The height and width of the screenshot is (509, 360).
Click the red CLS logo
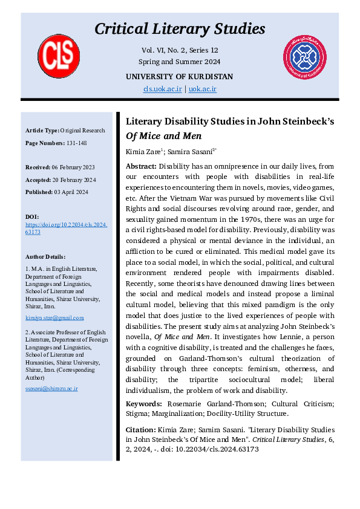pos(59,56)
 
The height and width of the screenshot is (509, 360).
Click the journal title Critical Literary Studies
pos(180,28)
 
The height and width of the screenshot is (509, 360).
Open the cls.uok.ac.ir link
pos(162,89)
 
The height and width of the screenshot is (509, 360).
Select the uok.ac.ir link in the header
pos(202,89)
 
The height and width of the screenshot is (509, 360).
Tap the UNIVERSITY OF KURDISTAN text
pos(179,77)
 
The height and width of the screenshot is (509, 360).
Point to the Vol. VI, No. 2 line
pos(179,51)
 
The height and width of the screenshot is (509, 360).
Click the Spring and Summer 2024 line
pos(179,62)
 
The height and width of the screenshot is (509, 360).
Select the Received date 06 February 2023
pos(77,167)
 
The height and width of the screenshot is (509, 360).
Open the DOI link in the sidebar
pos(66,228)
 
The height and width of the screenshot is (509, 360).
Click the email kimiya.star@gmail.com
pos(54,317)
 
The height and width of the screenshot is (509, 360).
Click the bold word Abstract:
pos(141,166)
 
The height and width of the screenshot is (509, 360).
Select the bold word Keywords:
pos(143,403)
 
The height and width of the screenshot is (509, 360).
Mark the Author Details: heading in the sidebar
pos(46,256)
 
